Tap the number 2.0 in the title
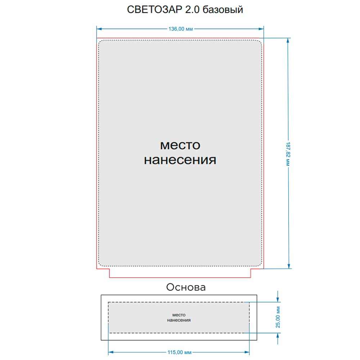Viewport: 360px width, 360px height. click(192, 10)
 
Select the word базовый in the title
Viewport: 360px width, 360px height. click(223, 10)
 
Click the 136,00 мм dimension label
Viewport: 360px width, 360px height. click(180, 29)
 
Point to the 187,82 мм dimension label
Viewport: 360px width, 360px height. click(288, 154)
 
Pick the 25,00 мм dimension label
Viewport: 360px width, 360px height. click(278, 317)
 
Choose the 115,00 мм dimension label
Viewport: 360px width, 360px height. click(179, 352)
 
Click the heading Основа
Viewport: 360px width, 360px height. click(186, 287)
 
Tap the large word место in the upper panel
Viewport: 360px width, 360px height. click(180, 145)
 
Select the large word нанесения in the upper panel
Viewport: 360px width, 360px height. click(180, 160)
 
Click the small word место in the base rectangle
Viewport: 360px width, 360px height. click(179, 315)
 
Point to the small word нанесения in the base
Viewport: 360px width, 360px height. click(179, 320)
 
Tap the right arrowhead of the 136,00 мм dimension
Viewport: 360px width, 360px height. click(261, 29)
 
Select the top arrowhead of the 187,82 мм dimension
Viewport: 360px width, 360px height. click(288, 41)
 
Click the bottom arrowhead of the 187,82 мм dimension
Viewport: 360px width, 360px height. click(289, 266)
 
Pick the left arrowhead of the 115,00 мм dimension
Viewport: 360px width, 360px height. click(111, 352)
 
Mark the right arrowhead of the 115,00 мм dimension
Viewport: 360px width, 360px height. click(247, 352)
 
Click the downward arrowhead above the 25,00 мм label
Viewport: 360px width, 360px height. click(278, 300)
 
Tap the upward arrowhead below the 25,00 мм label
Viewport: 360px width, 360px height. click(278, 336)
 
